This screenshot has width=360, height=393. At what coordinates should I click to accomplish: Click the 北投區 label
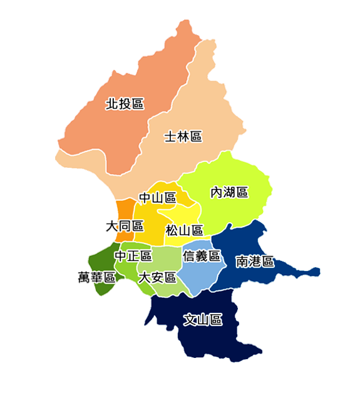coord(125,103)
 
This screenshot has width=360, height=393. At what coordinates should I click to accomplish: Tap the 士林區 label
coord(183,136)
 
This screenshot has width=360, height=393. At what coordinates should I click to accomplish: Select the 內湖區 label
coord(229,192)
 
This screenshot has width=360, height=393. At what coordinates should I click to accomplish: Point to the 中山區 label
coord(157,198)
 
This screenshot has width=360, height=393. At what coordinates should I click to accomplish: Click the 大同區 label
coord(125,225)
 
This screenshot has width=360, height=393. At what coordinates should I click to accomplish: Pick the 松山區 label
coord(184,230)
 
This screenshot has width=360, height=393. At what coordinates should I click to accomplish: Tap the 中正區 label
coord(133,256)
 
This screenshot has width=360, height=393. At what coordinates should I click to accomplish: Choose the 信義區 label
coord(202,256)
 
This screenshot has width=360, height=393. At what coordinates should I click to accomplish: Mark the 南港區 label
coord(255,262)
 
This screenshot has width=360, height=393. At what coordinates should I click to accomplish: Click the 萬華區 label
coord(96,277)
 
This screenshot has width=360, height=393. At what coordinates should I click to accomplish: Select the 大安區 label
coord(157,277)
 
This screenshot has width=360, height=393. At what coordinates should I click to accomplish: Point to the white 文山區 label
coord(203,320)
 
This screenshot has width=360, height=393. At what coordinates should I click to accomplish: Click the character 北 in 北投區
coord(112,103)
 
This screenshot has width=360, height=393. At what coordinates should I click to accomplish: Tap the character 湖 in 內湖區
coord(229,192)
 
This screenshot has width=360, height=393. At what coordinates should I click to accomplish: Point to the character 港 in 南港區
coord(255,262)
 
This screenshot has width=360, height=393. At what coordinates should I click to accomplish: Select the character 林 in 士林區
coord(183,136)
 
